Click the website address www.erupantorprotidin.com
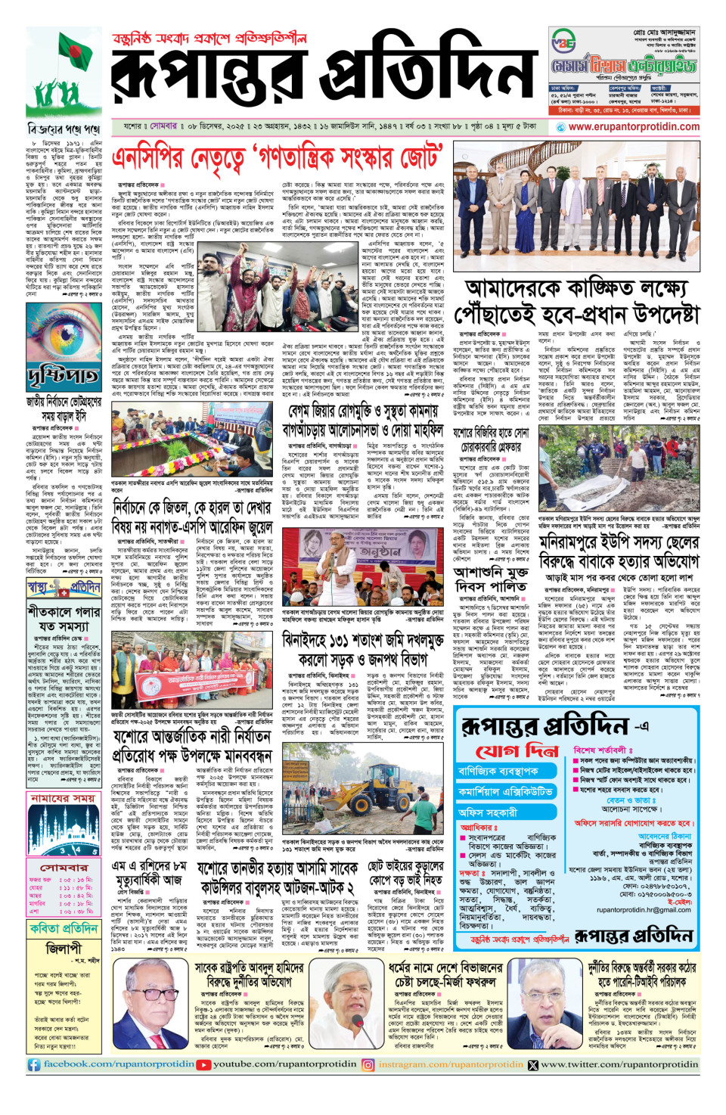tap(634, 127)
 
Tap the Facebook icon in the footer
tap(34, 1064)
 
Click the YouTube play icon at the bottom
tap(203, 1064)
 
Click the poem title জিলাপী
tap(64, 949)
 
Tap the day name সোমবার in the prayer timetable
tap(64, 868)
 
